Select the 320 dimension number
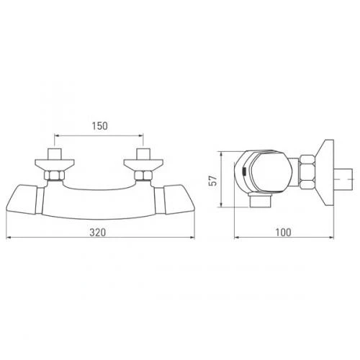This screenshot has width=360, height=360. tap(99, 233)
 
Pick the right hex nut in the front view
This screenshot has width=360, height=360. tap(143, 176)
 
